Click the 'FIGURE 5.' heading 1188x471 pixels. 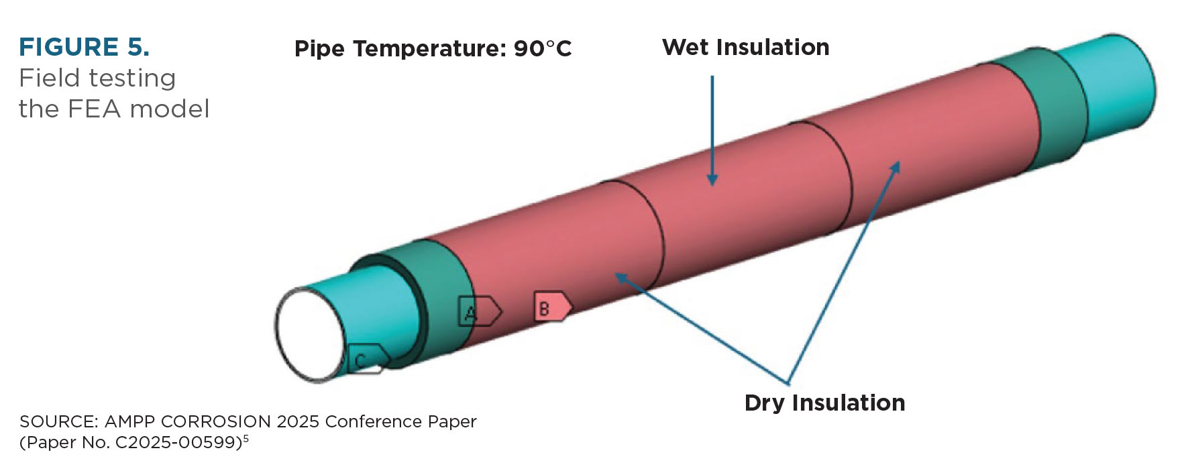(84, 47)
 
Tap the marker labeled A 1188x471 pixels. (479, 311)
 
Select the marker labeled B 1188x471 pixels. (553, 307)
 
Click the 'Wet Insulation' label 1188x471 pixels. (745, 47)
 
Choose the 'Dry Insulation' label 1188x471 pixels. (824, 403)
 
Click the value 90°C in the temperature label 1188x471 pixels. (543, 48)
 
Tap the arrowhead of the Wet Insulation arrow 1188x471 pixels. (712, 180)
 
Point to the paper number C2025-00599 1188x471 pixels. (178, 443)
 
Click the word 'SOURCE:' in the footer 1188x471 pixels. (58, 421)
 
